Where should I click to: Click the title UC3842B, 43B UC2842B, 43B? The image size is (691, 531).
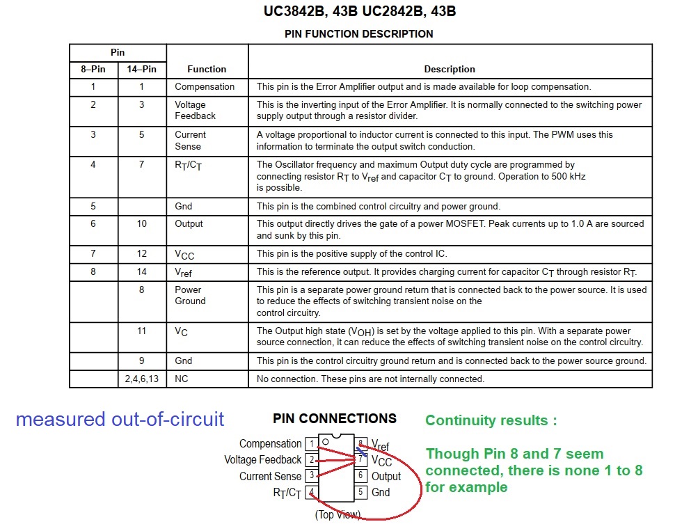(x=360, y=12)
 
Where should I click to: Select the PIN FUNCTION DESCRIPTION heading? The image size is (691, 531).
(x=359, y=33)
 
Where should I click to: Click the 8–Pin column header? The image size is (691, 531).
(x=93, y=69)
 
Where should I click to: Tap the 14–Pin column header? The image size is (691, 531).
(x=141, y=69)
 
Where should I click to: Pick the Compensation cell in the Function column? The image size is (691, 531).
(x=205, y=87)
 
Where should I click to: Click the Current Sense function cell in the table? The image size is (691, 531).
(x=190, y=141)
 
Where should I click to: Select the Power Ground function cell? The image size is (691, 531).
(x=190, y=295)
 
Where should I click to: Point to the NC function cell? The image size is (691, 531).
(x=182, y=379)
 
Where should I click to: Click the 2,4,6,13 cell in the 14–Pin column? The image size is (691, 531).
(x=141, y=379)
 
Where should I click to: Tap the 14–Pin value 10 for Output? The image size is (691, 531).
(x=141, y=223)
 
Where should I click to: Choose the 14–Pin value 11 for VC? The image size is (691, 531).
(x=141, y=331)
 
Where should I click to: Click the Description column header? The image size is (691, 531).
(x=450, y=69)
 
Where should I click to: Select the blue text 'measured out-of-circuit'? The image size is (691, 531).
(x=120, y=419)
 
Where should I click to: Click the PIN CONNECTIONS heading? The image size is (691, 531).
(x=335, y=418)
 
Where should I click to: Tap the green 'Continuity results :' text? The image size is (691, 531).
(x=491, y=420)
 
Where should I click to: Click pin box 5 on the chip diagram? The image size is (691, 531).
(x=361, y=492)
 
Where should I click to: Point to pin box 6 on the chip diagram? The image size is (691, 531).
(x=361, y=476)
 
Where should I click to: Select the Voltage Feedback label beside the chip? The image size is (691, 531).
(x=263, y=459)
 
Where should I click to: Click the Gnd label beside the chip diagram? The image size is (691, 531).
(x=381, y=492)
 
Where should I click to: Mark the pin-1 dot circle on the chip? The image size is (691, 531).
(x=325, y=442)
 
